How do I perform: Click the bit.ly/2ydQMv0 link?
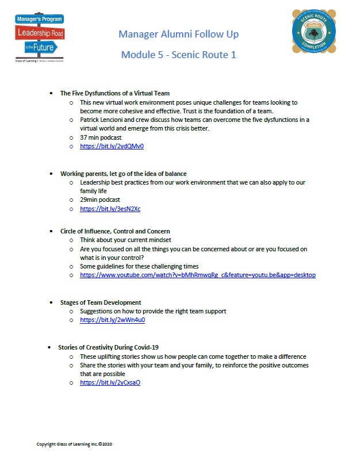pyautogui.click(x=112, y=147)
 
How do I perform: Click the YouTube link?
pyautogui.click(x=197, y=275)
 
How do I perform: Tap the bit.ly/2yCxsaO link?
pyautogui.click(x=110, y=382)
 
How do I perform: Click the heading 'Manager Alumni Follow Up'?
pyautogui.click(x=178, y=34)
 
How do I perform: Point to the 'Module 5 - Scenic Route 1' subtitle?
pyautogui.click(x=178, y=55)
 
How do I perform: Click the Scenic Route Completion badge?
pyautogui.click(x=315, y=37)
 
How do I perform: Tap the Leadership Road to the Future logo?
pyautogui.click(x=40, y=37)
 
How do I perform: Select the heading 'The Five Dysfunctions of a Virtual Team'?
pyautogui.click(x=114, y=93)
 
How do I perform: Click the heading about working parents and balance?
pyautogui.click(x=123, y=174)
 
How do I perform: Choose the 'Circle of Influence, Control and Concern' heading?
pyautogui.click(x=115, y=231)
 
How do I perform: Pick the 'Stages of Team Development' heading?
pyautogui.click(x=101, y=302)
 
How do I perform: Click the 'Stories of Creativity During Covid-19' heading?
pyautogui.click(x=108, y=347)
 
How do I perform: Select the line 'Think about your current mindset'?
pyautogui.click(x=125, y=240)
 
